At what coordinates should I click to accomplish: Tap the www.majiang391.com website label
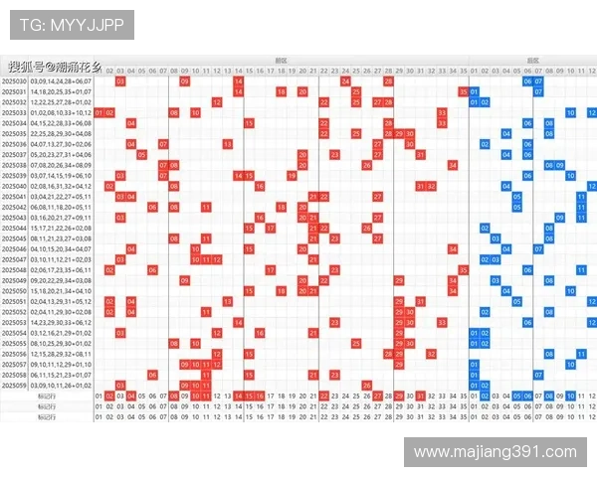pyautogui.click(x=495, y=452)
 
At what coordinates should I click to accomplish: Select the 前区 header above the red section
pyautogui.click(x=281, y=61)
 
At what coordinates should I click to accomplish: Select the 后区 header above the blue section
pyautogui.click(x=532, y=61)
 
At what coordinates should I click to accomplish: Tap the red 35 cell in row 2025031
pyautogui.click(x=463, y=91)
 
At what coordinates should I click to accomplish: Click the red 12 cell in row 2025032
pyautogui.click(x=217, y=102)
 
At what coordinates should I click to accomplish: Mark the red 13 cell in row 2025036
pyautogui.click(x=228, y=144)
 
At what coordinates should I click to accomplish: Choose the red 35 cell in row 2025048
pyautogui.click(x=463, y=269)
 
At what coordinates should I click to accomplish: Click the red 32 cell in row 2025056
pyautogui.click(x=431, y=353)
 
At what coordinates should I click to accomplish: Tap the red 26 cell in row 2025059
pyautogui.click(x=366, y=385)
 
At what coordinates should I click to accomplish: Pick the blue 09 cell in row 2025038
pyautogui.click(x=560, y=165)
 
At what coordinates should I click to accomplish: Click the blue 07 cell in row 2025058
pyautogui.click(x=538, y=374)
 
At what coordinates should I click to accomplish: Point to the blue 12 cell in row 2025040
pyautogui.click(x=592, y=186)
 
